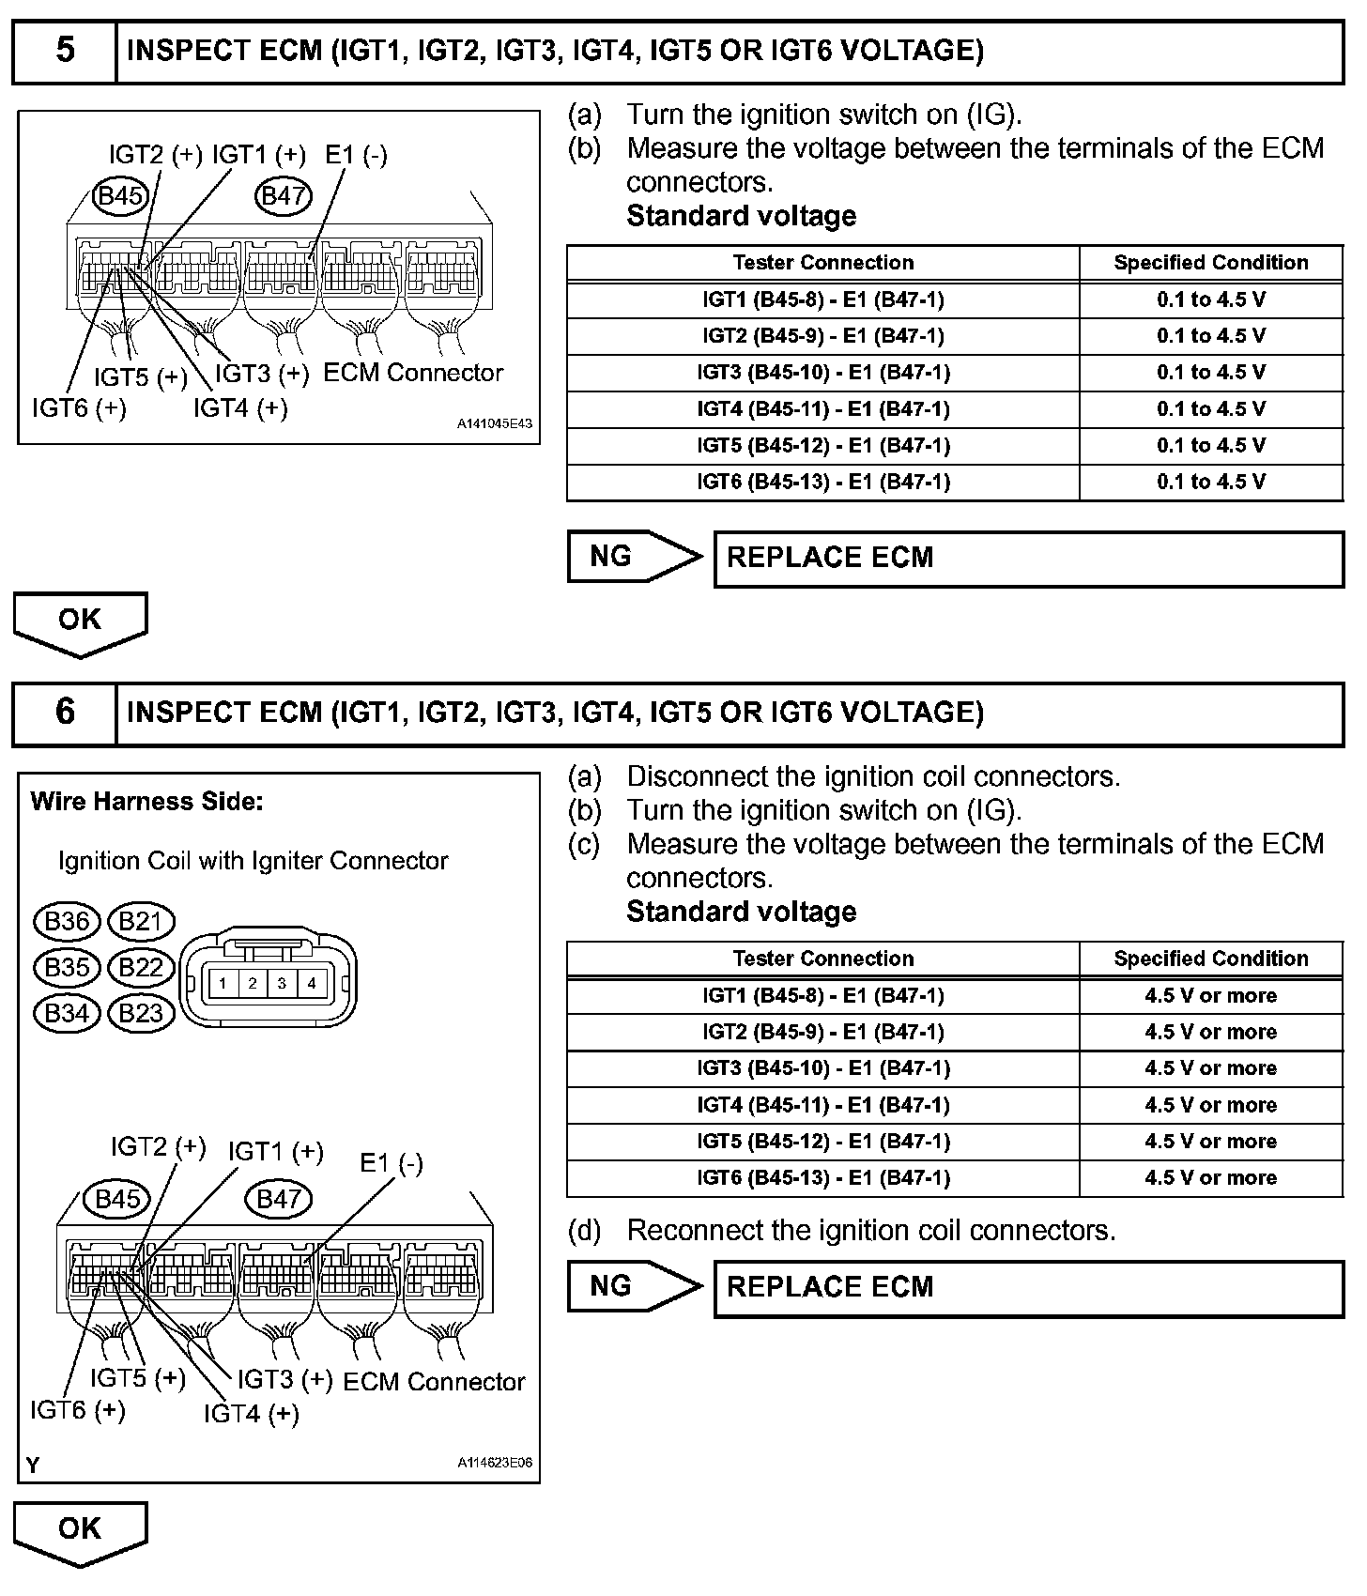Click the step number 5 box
click(x=65, y=51)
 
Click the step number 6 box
click(x=65, y=713)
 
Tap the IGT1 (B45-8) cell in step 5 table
click(x=822, y=299)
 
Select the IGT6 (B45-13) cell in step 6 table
click(x=822, y=1178)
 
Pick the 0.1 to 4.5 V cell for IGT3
click(x=1210, y=373)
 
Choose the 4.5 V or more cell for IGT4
click(x=1210, y=1105)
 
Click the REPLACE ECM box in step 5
click(x=1028, y=559)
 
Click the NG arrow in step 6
click(x=634, y=1286)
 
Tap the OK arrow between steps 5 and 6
click(x=80, y=622)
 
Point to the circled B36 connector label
click(x=67, y=921)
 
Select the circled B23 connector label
click(x=142, y=1013)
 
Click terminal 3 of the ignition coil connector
click(x=282, y=984)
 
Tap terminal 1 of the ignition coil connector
click(x=223, y=984)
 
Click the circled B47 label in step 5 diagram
click(x=284, y=195)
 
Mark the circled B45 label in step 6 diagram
click(x=117, y=1199)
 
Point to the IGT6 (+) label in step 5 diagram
click(x=79, y=408)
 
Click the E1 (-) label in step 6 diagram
click(x=392, y=1163)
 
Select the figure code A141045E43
click(x=495, y=424)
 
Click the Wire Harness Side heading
click(x=146, y=802)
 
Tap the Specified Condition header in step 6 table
click(x=1210, y=959)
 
